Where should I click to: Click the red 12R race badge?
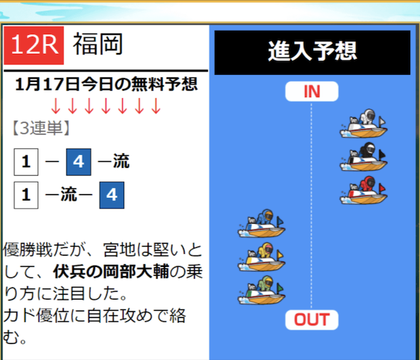pos(33,45)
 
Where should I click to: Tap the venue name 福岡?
pos(98,44)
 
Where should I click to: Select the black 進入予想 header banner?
pos(312,52)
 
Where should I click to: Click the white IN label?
pos(312,91)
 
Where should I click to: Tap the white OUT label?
pos(312,319)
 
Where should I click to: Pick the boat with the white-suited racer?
pos(364,123)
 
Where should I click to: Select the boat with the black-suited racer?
pos(364,157)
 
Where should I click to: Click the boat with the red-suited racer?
pos(364,190)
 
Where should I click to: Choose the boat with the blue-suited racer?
pos(261,224)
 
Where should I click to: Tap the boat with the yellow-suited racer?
pos(261,257)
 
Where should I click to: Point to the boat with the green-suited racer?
pos(261,290)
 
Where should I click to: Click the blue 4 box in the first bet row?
pos(79,162)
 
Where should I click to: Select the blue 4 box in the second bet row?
pos(112,195)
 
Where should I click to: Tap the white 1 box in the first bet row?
pos(26,162)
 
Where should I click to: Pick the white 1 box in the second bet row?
pos(26,195)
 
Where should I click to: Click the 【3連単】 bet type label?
pos(41,129)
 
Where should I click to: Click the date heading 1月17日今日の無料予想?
pos(106,84)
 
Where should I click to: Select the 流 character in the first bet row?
pos(121,161)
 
